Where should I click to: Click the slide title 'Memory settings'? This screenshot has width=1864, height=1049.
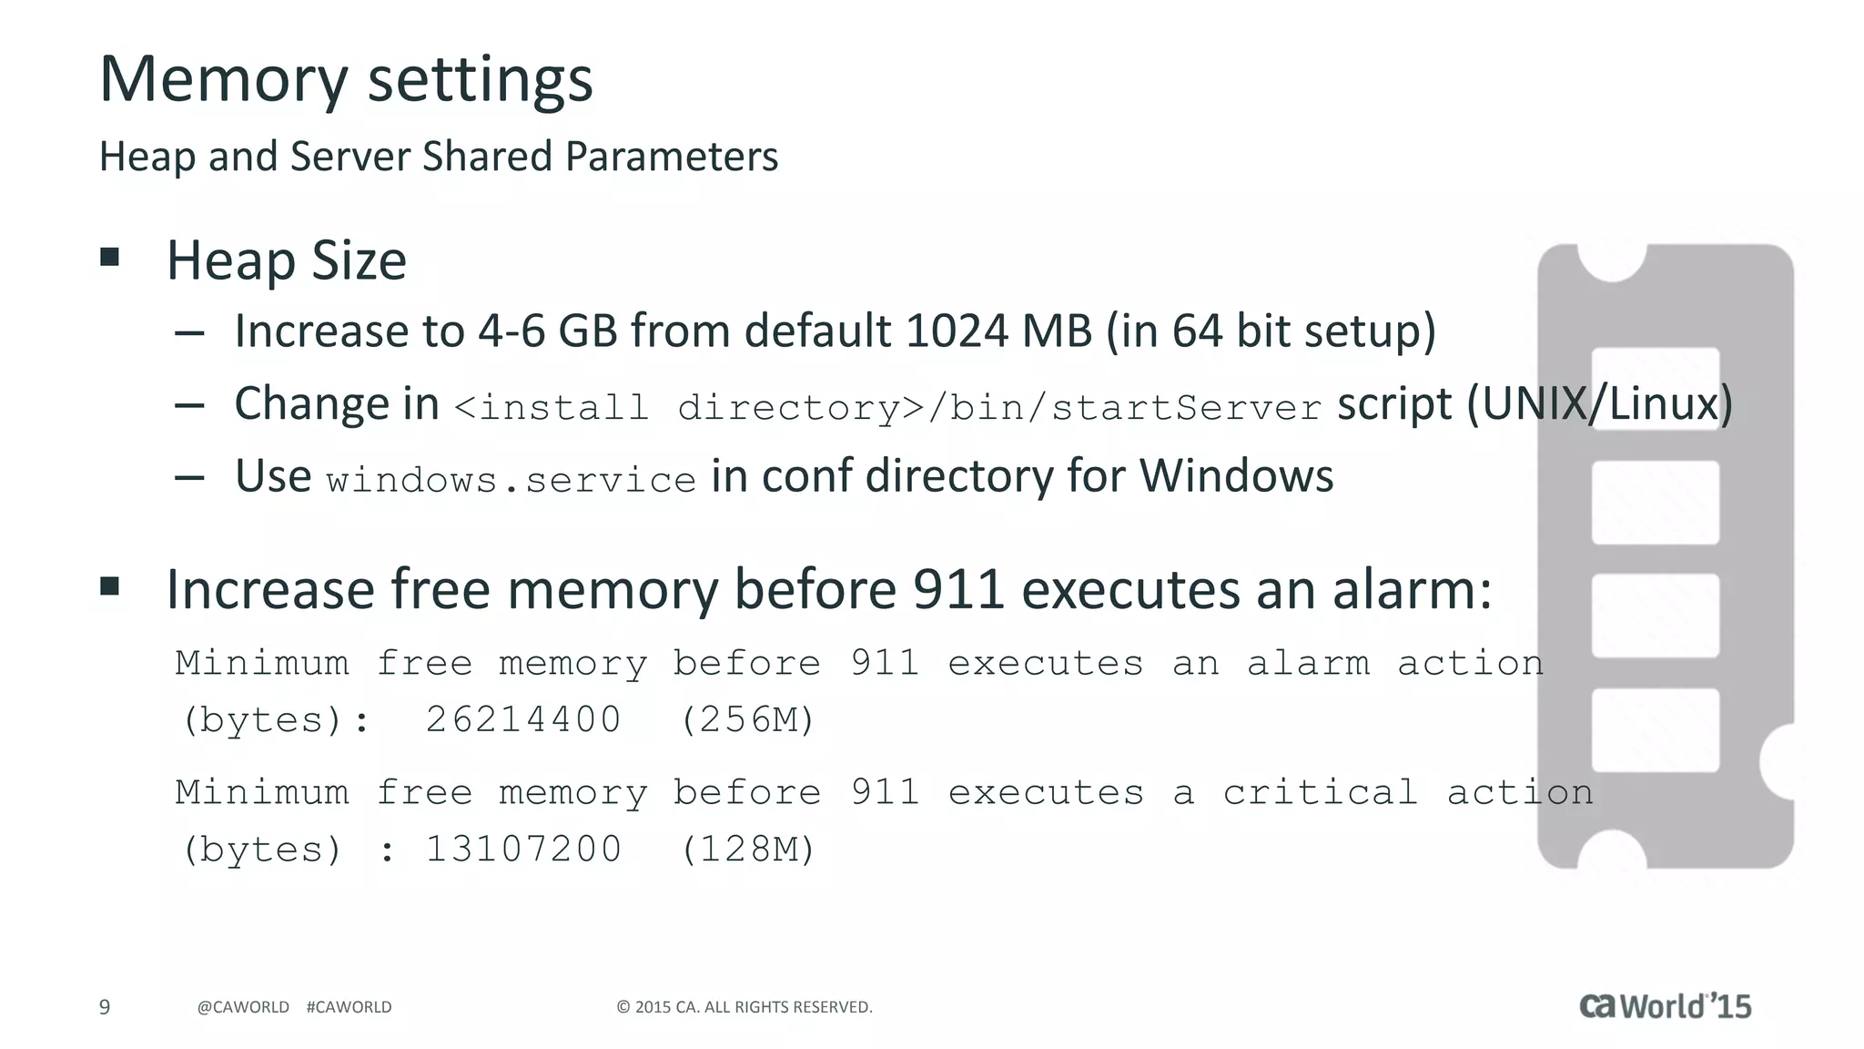click(346, 79)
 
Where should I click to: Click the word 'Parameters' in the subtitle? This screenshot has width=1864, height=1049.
click(671, 157)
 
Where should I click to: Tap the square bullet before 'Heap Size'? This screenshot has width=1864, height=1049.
click(110, 257)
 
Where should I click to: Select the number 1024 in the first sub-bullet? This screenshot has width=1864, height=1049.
click(957, 331)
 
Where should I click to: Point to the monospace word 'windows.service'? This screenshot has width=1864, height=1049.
click(511, 480)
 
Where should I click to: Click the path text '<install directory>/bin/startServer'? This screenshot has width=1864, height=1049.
click(886, 407)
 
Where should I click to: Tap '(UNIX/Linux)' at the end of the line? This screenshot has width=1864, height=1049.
click(1598, 403)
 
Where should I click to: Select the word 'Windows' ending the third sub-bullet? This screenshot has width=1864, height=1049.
click(1236, 476)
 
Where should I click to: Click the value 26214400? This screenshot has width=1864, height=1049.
click(523, 719)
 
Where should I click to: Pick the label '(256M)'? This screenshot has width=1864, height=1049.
click(747, 719)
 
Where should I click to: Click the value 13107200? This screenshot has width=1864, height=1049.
click(523, 849)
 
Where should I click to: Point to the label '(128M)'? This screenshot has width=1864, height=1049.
click(747, 849)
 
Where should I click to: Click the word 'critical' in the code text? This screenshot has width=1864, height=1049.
click(1320, 792)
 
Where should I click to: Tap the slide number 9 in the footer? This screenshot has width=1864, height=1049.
click(105, 1006)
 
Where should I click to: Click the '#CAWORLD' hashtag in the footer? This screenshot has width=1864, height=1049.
click(349, 1007)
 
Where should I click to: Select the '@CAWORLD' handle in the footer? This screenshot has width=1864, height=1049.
click(243, 1007)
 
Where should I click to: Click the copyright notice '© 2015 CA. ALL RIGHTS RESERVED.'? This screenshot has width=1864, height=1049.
click(745, 1007)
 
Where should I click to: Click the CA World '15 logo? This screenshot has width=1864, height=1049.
click(1665, 1005)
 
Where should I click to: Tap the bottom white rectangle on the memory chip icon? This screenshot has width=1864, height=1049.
click(1655, 729)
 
